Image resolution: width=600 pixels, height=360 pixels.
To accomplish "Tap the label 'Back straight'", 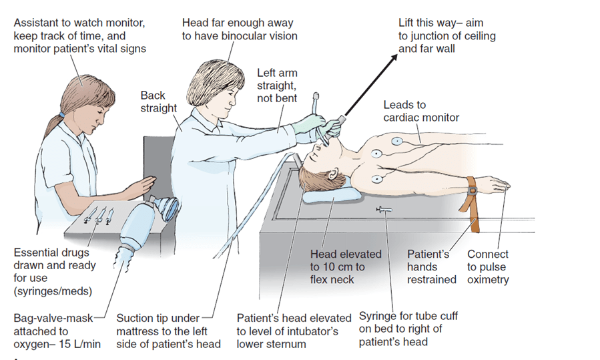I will click(158, 102).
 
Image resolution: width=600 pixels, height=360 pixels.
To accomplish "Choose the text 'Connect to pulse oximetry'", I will click(488, 266).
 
